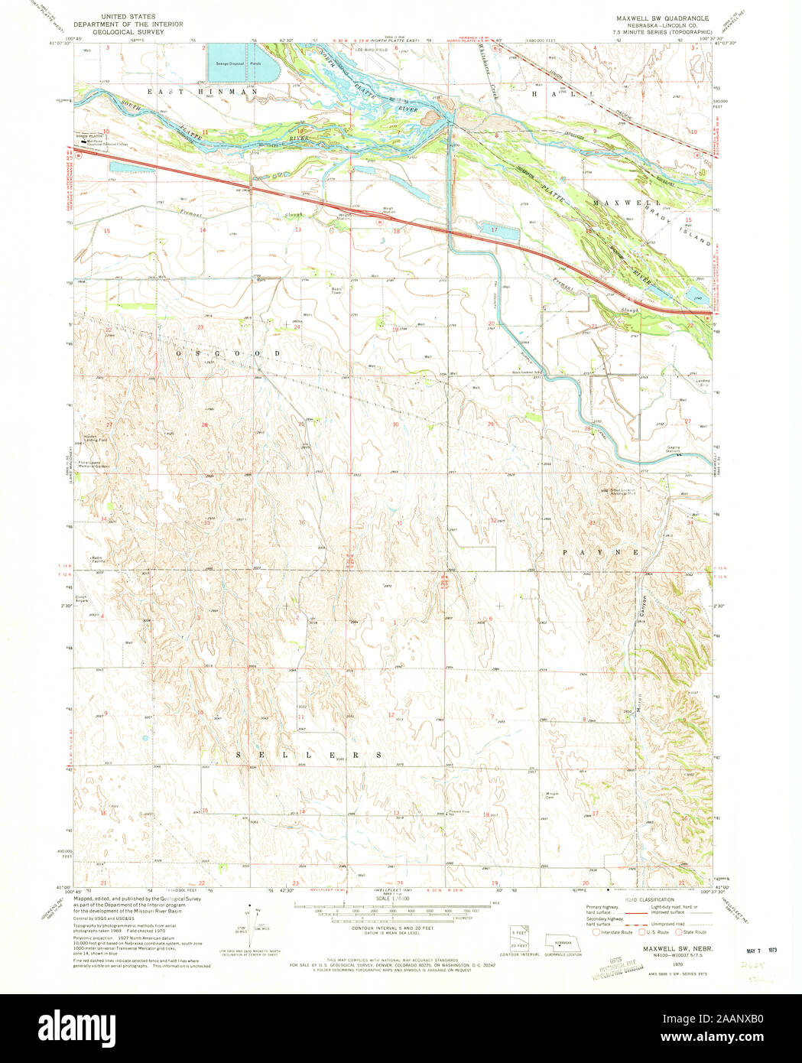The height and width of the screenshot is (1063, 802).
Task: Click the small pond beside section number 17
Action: [498, 229]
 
